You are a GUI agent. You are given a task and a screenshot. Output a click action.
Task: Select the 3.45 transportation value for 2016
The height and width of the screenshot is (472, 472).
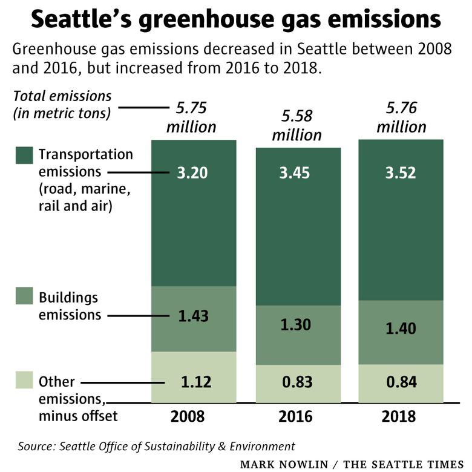pyautogui.click(x=296, y=173)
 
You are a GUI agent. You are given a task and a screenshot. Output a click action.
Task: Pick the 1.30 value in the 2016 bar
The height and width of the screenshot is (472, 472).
pyautogui.click(x=296, y=324)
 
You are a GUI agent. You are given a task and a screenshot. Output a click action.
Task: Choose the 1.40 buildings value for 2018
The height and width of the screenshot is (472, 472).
pyautogui.click(x=400, y=329)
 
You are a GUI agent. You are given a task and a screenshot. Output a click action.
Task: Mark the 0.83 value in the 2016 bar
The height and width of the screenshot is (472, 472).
pyautogui.click(x=296, y=382)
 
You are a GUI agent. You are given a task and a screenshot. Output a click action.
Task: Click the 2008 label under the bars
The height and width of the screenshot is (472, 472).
pyautogui.click(x=192, y=416)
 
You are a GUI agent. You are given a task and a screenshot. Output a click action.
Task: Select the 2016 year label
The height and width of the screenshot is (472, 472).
pyautogui.click(x=296, y=416)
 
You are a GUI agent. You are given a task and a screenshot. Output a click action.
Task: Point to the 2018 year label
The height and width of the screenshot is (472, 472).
pyautogui.click(x=400, y=416)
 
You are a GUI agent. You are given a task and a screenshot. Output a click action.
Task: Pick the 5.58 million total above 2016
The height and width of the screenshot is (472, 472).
pyautogui.click(x=296, y=125)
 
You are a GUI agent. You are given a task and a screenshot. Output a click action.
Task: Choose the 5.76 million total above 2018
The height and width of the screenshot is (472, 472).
pyautogui.click(x=401, y=117)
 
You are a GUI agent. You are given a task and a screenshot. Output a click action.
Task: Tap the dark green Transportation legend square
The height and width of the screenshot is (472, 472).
pyautogui.click(x=24, y=156)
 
